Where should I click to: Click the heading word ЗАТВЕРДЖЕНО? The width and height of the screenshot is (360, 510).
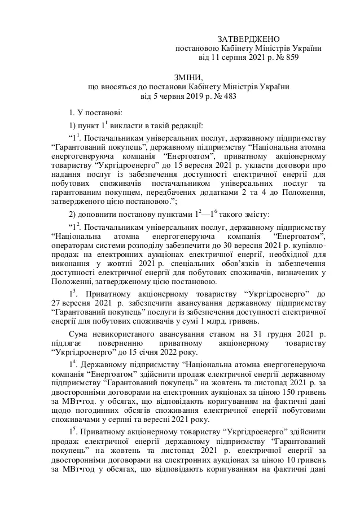(x=248, y=38)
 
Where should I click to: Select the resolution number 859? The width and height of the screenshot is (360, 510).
(x=291, y=57)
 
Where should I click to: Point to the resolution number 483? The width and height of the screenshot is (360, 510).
(x=229, y=97)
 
